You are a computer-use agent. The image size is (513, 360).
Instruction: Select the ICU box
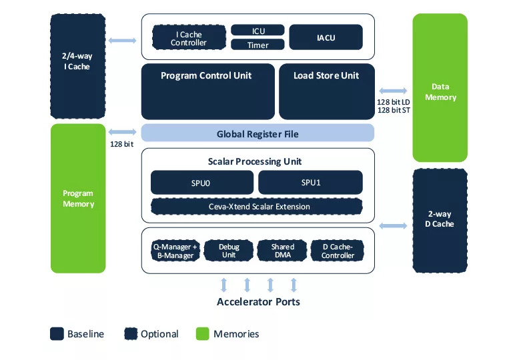tap(258, 31)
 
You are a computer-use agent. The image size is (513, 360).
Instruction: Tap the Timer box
tap(258, 45)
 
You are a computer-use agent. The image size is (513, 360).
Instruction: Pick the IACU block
tap(326, 37)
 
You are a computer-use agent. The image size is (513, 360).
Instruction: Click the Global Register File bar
tap(258, 133)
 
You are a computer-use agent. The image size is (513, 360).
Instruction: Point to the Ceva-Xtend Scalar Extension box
tap(257, 207)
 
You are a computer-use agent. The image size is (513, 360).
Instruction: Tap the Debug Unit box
tap(229, 251)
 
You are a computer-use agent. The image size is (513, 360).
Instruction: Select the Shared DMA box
tap(283, 251)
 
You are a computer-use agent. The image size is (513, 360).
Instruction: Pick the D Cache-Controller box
tap(338, 251)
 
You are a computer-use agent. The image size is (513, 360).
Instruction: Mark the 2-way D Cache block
tap(440, 219)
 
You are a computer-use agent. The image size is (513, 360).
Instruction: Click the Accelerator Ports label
tap(258, 302)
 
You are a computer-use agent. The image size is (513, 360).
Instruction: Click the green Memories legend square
tap(203, 334)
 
